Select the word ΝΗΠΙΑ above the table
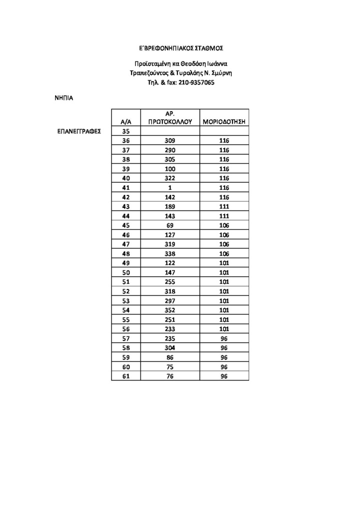63,98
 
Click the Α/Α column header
126,121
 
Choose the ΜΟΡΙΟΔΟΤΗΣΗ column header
224,121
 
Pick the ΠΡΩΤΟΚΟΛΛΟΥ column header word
170,121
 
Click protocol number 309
170,141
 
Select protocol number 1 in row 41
170,187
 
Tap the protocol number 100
170,169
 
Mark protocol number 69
170,225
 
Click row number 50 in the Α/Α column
126,272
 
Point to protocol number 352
170,310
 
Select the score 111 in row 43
224,206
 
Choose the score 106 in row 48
224,253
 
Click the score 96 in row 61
224,376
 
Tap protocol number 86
170,357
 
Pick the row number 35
126,131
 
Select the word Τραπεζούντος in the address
148,73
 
